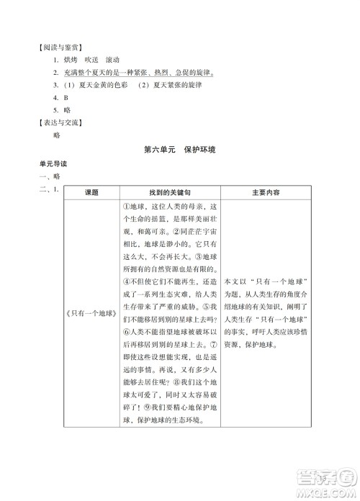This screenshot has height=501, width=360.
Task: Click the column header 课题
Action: (x=91, y=193)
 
